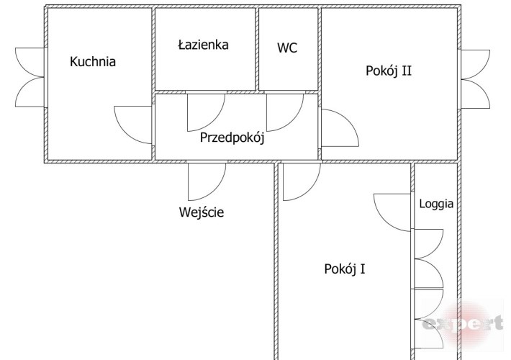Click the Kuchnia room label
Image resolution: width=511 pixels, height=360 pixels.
point(93,62)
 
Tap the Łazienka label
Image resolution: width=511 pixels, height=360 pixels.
point(204,45)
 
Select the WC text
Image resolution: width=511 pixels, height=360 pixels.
point(287,48)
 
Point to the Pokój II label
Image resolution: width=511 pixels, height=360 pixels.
point(389,71)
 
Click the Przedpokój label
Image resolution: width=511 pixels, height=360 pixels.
point(232,138)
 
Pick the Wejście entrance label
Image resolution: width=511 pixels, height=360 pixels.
point(202,212)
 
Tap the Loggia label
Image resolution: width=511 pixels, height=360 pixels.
point(436,204)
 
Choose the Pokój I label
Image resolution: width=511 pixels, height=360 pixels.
point(345,269)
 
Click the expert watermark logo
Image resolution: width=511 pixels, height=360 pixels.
point(463,323)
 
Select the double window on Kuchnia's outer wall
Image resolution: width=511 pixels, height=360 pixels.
point(30,77)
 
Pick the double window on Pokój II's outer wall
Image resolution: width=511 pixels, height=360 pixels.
point(475,79)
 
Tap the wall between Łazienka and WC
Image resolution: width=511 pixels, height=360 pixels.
point(257,49)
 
